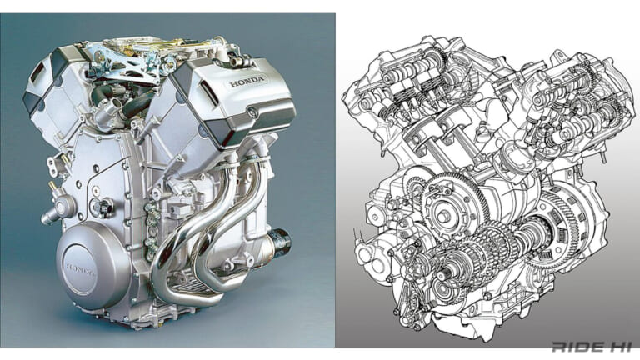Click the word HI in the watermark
click(x=614, y=347)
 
